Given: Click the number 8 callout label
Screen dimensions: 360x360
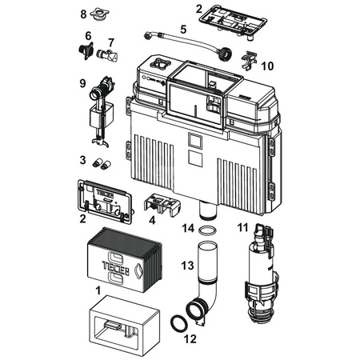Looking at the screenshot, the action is (x=83, y=14).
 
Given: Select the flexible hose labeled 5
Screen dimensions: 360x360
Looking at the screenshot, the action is (x=190, y=46).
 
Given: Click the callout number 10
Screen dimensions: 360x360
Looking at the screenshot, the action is (x=267, y=66).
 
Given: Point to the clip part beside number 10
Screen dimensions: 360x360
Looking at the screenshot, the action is (x=249, y=61).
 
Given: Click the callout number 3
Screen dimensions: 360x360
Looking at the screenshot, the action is (x=83, y=160).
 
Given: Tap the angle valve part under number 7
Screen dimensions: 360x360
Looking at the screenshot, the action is (x=107, y=54).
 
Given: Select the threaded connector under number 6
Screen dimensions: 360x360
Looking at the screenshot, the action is (x=86, y=50).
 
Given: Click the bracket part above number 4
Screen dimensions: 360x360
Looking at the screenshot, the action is (x=162, y=205).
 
